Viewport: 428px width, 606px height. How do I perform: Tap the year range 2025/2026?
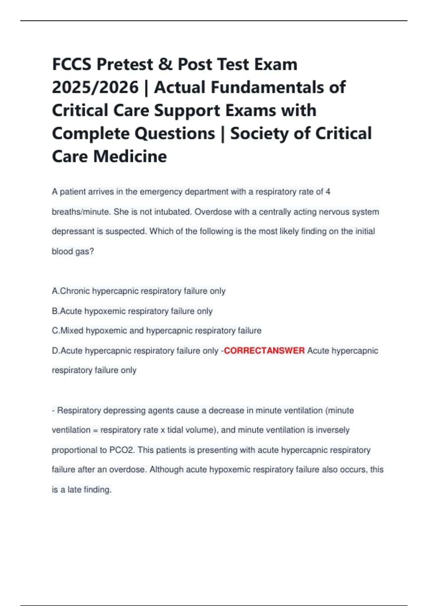[x=95, y=88]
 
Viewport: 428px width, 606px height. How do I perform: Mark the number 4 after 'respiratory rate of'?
[x=328, y=192]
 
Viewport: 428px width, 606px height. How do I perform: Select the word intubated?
[x=173, y=212]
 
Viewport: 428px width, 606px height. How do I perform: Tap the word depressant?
[x=73, y=232]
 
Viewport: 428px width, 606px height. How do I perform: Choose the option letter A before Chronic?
[x=55, y=291]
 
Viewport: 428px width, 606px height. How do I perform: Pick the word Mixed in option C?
[x=72, y=331]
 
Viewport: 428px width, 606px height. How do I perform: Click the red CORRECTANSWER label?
[x=264, y=351]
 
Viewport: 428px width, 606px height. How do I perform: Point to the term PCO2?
[x=122, y=450]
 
